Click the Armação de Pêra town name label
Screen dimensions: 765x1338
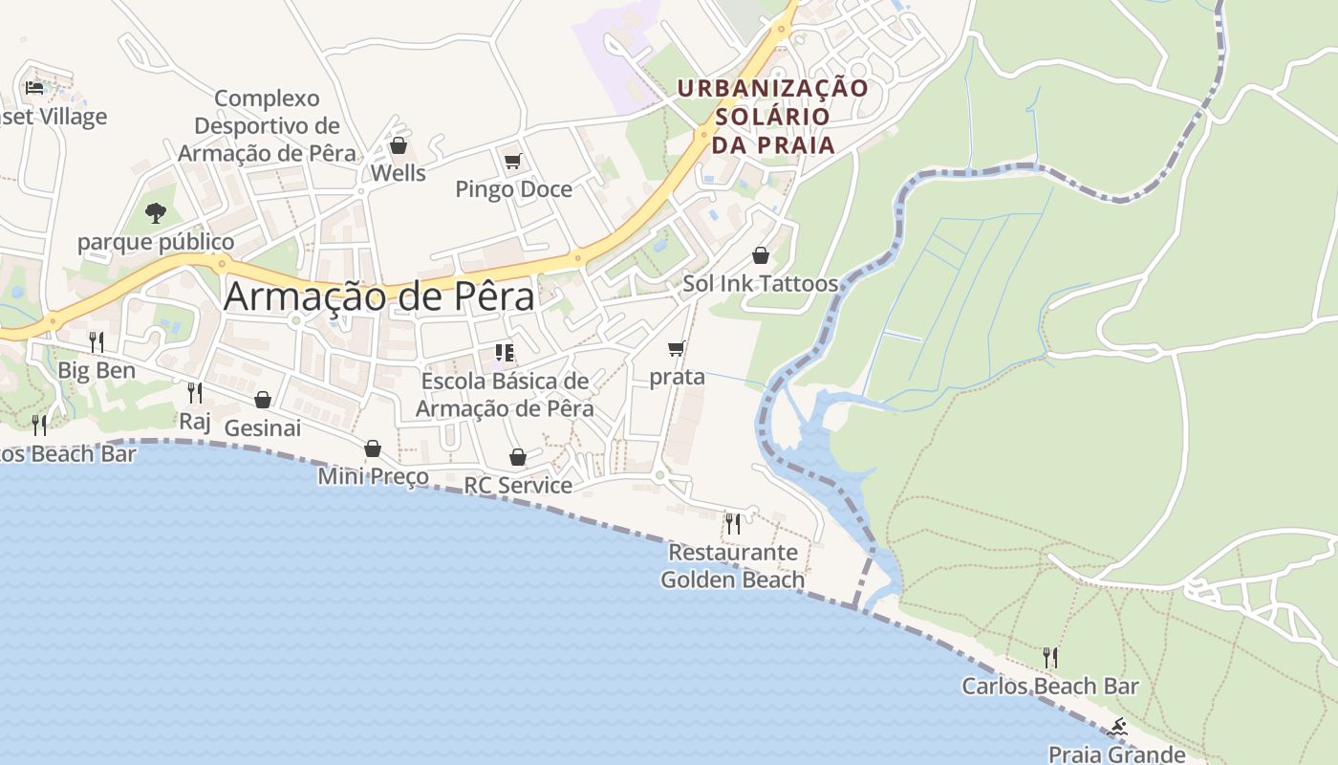(378, 296)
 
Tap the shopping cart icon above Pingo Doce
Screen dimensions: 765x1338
(513, 161)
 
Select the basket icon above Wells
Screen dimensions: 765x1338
(398, 145)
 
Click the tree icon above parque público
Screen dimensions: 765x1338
(156, 212)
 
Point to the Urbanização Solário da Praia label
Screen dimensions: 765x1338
(773, 117)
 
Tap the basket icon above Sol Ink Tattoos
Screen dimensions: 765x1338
(761, 255)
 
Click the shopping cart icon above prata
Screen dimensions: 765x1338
(677, 348)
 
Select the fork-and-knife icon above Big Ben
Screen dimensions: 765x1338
(97, 341)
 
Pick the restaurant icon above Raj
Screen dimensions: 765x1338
(195, 392)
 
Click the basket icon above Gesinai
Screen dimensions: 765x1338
(263, 400)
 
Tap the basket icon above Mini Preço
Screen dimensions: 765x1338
(373, 448)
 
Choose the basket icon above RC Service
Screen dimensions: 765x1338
(518, 458)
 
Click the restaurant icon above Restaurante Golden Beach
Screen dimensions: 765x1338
(732, 523)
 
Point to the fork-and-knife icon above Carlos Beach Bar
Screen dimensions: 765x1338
(1049, 657)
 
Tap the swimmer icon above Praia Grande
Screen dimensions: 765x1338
(1116, 728)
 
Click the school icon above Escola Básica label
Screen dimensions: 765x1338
(505, 353)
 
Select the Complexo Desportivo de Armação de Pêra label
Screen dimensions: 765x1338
(267, 125)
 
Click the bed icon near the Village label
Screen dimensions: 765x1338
(35, 88)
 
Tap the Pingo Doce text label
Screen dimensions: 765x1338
(513, 189)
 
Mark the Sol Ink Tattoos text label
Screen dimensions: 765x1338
(760, 284)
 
